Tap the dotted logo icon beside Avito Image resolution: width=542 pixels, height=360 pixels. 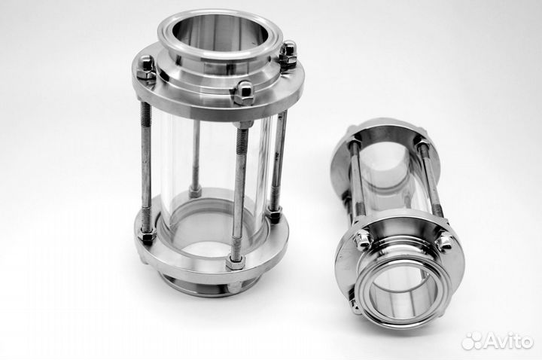pos(472,342)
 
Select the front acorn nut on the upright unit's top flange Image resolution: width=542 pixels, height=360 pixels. pos(244,93)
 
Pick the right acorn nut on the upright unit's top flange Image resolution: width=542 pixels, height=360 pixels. pos(288,54)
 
